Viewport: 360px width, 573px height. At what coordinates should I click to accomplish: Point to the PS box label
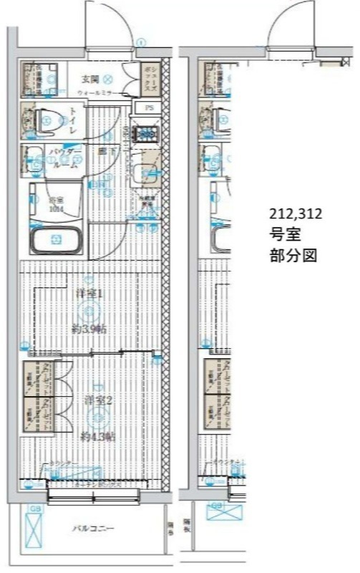pos(149,107)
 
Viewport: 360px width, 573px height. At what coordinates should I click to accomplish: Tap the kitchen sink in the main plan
pos(147,172)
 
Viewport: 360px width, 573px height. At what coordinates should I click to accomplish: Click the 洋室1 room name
pos(89,294)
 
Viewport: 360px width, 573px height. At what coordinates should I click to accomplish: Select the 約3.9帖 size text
pos(89,328)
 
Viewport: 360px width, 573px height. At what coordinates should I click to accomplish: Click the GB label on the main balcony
pos(34,509)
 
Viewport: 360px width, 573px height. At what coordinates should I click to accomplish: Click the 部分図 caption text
pos(293,255)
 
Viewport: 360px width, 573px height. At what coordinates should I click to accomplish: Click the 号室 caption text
pos(282,234)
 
